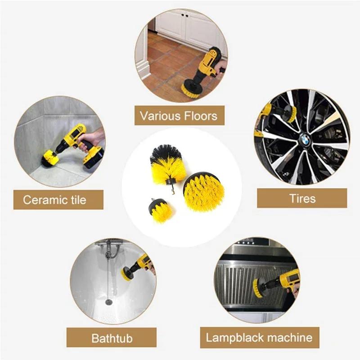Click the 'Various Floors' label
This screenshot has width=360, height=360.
pyautogui.click(x=179, y=116)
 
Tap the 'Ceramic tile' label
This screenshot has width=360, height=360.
pyautogui.click(x=54, y=199)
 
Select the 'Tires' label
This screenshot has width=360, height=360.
pyautogui.click(x=302, y=198)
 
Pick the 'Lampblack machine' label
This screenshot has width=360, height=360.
pyautogui.click(x=259, y=337)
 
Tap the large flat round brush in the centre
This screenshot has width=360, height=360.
pyautogui.click(x=204, y=192)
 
